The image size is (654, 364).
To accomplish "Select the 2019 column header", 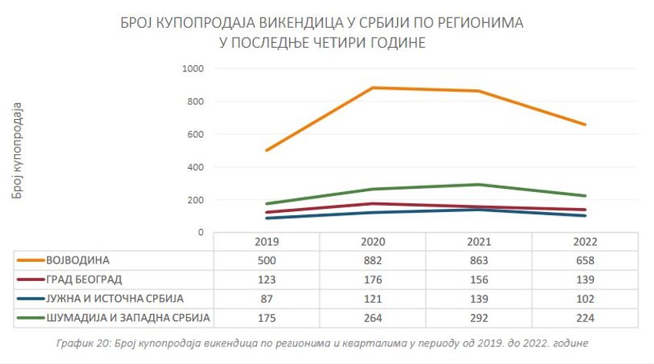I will pyautogui.click(x=266, y=242).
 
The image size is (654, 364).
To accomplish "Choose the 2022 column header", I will pyautogui.click(x=585, y=242).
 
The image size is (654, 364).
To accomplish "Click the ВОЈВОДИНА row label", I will pyautogui.click(x=78, y=260).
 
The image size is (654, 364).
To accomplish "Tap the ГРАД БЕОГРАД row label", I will pyautogui.click(x=84, y=280).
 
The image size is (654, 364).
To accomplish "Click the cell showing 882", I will pyautogui.click(x=372, y=260).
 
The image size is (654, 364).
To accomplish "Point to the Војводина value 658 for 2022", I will pyautogui.click(x=585, y=260).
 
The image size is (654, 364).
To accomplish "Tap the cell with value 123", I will pyautogui.click(x=266, y=280).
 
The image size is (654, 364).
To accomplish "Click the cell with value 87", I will pyautogui.click(x=266, y=299).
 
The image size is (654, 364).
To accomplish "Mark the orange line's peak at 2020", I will pyautogui.click(x=372, y=88).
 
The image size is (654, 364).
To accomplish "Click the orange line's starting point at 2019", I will pyautogui.click(x=266, y=150).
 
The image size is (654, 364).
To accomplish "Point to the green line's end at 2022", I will pyautogui.click(x=585, y=196).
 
